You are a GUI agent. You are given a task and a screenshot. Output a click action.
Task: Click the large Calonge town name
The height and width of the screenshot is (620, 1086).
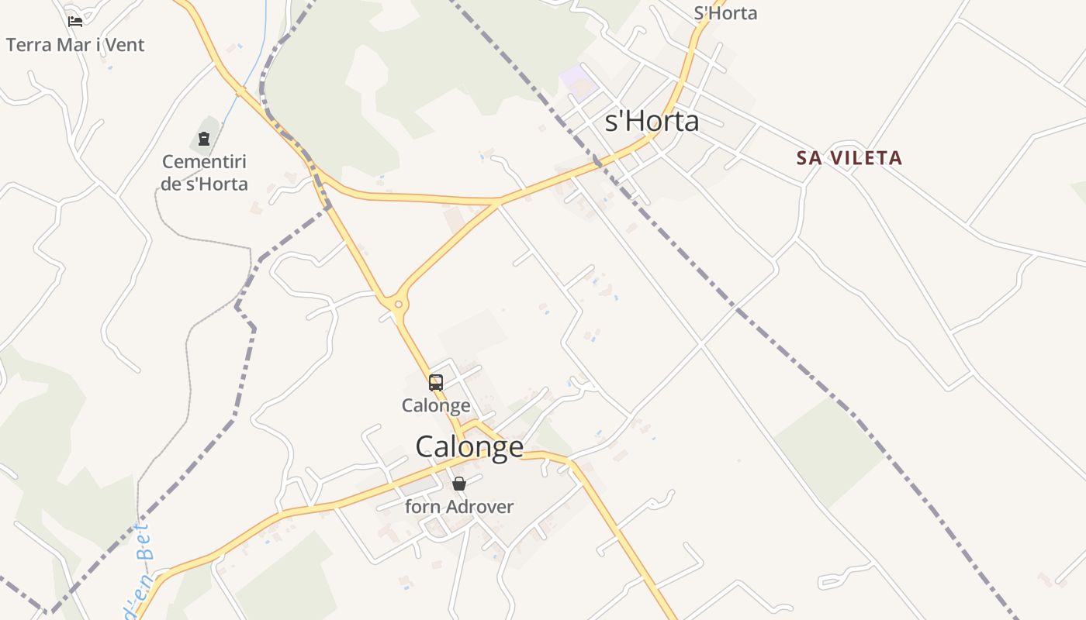469,447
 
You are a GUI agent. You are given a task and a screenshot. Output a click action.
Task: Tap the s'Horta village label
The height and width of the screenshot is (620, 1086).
652,122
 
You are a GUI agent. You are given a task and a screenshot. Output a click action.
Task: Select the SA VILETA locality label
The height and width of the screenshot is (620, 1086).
849,158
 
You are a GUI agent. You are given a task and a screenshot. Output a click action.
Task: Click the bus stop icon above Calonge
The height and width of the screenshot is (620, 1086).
436,382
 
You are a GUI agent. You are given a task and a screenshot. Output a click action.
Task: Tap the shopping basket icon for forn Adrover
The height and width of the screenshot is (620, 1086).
459,484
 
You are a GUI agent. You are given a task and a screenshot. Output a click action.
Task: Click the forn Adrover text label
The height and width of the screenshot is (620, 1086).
459,507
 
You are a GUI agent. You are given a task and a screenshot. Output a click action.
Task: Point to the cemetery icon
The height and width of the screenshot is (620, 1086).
204,139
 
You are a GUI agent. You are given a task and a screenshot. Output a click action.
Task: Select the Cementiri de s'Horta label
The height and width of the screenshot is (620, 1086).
205,173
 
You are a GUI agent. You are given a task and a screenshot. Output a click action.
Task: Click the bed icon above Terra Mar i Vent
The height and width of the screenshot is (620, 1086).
75,22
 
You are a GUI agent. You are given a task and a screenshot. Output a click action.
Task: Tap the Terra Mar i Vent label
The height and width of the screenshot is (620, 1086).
75,45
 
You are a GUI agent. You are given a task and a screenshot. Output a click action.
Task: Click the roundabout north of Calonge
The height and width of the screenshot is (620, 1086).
399,305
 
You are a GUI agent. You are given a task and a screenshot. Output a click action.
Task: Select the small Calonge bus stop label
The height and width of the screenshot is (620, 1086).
436,405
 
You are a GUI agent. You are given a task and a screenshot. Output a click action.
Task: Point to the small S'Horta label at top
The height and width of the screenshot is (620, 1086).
725,13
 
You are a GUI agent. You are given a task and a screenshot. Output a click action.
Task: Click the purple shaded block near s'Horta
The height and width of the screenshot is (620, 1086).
576,80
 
